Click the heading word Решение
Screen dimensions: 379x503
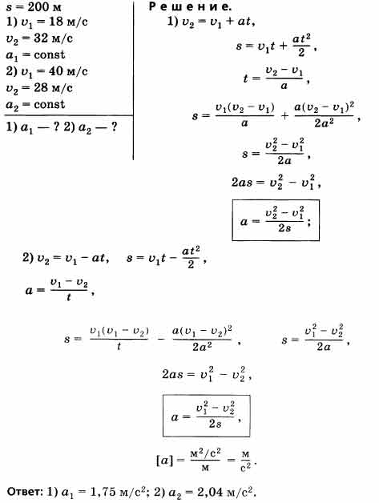click(x=190, y=6)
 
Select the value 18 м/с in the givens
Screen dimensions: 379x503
click(x=68, y=22)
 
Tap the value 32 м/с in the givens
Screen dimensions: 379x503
click(x=53, y=38)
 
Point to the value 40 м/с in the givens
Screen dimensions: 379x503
click(x=68, y=71)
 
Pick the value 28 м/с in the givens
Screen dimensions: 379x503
click(x=53, y=87)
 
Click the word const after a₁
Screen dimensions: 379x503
click(x=49, y=54)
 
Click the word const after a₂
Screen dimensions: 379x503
click(x=49, y=104)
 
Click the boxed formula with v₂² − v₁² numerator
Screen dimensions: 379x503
click(x=276, y=220)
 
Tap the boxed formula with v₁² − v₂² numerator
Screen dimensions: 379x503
click(x=207, y=416)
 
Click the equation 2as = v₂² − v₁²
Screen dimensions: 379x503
click(x=276, y=182)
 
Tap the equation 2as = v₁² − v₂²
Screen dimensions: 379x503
click(x=207, y=374)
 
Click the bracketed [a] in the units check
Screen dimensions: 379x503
click(x=164, y=461)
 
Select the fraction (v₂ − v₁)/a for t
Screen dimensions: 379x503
click(x=284, y=78)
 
